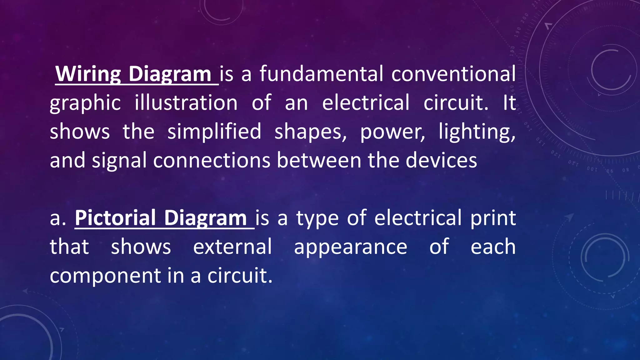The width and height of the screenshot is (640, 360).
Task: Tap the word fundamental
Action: [x=321, y=74]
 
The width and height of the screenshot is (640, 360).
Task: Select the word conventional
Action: [x=453, y=74]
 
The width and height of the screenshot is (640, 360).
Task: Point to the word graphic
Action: [x=85, y=103]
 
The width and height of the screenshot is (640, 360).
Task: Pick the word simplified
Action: [x=214, y=132]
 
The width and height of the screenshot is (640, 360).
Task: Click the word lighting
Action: [x=477, y=132]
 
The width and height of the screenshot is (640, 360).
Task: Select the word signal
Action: [x=119, y=161]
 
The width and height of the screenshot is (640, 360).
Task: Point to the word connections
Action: [x=212, y=160]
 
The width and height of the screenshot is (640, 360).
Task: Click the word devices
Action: [x=441, y=160]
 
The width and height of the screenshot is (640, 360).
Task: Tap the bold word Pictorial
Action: [x=115, y=218]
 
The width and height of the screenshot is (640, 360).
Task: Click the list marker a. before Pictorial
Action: [x=58, y=218]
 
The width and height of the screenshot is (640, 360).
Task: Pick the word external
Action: [x=232, y=247]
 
